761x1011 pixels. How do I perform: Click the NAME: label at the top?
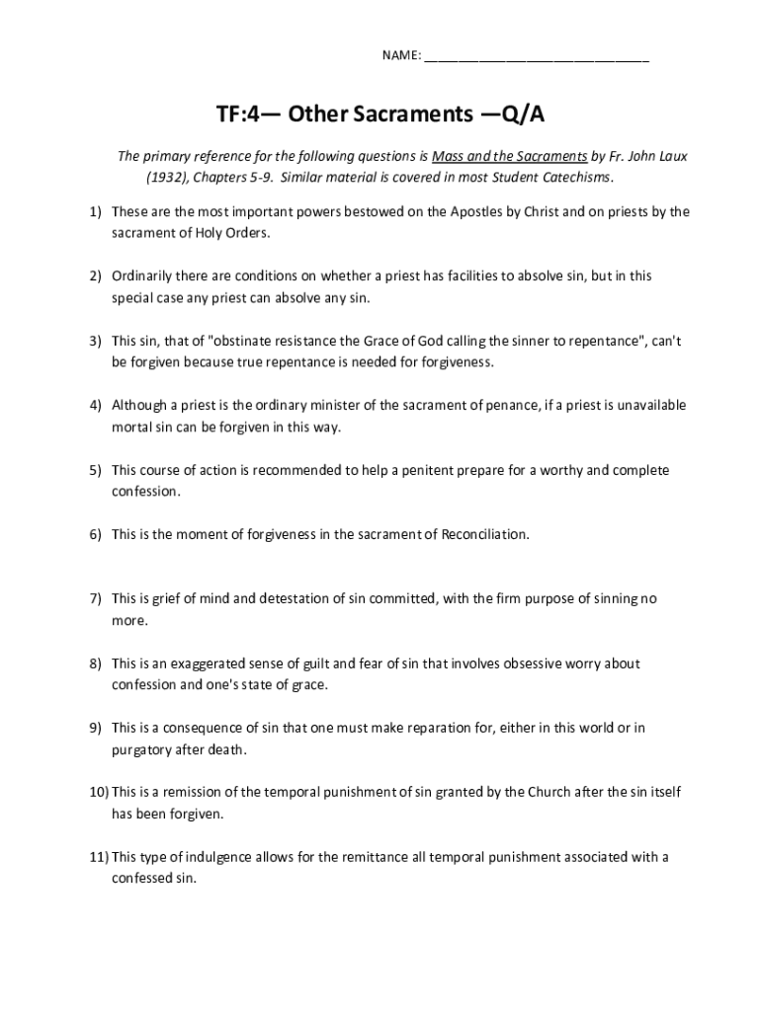[401, 54]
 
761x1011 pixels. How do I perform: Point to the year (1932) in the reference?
[168, 178]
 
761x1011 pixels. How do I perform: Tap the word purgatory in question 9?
[141, 749]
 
